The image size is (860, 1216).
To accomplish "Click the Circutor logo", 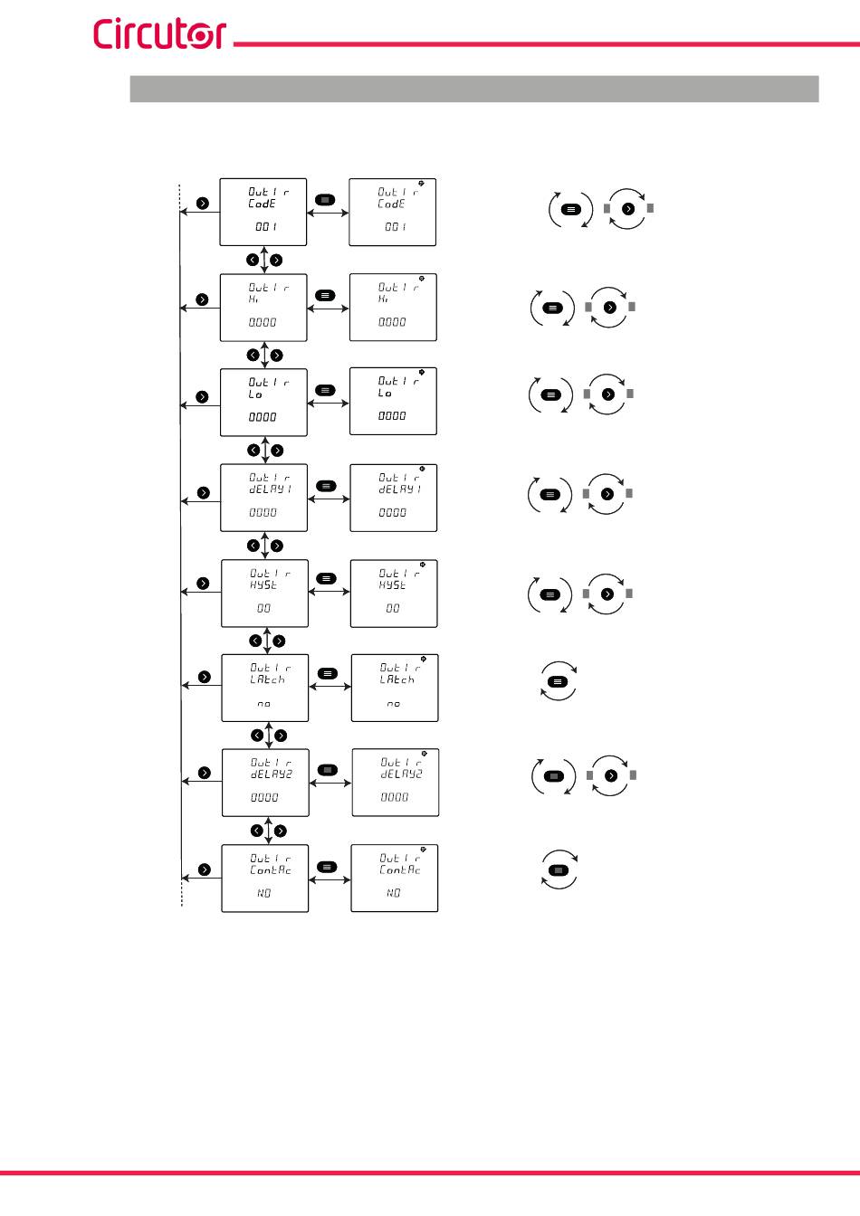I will point(159,33).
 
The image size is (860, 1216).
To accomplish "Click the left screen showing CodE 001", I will point(263,212).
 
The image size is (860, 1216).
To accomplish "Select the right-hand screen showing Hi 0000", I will point(393,308).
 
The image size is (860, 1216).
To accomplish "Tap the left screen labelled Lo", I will point(263,403).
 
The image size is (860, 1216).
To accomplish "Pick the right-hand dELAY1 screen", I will point(393,498).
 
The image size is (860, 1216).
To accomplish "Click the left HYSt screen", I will point(264,594).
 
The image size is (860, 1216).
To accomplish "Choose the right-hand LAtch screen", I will point(395,689).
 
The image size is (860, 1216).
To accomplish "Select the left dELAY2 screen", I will point(265,783).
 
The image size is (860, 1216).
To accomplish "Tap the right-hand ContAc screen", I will point(395,879).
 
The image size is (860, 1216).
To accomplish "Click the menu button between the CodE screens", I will point(324,199).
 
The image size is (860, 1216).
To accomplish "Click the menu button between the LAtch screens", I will point(327,673).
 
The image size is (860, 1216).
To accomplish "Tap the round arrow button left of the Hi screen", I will point(202,299).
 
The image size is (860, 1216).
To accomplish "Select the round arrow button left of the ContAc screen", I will point(205,869).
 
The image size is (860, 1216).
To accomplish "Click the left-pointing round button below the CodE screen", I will point(253,261).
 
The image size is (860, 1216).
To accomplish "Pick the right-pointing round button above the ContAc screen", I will point(281,831).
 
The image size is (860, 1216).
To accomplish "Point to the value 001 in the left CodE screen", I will point(265,227).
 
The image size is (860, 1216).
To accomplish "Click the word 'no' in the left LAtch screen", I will point(263,704).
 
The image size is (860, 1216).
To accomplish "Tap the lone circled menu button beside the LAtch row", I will point(559,681).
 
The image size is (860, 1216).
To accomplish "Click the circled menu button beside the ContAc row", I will point(559,870).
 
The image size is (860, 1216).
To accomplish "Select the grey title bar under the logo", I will point(474,89).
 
